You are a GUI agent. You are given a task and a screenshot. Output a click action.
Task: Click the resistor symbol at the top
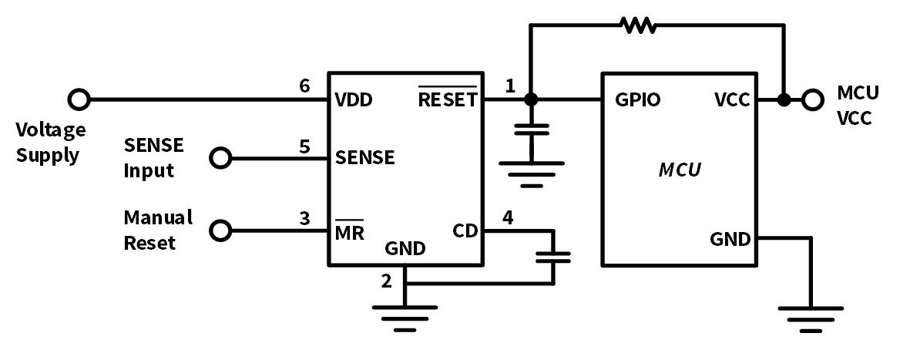coord(639,25)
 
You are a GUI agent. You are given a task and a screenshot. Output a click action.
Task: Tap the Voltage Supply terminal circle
coord(79,99)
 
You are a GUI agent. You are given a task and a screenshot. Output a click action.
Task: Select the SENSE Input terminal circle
coord(221,158)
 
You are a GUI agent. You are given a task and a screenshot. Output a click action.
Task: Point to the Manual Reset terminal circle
coord(221,230)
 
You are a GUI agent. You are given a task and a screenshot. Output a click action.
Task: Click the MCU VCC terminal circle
coord(811,99)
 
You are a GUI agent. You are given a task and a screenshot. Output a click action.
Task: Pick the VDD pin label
coord(354,101)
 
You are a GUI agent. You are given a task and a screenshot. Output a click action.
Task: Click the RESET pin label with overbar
coord(447,99)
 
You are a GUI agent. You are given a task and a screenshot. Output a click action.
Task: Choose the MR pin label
coord(350,231)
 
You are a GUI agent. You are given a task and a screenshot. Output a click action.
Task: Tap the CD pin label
coord(465,231)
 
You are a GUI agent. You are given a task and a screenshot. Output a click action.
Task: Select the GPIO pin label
coord(637,100)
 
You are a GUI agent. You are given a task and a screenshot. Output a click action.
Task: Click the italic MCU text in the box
coord(679,170)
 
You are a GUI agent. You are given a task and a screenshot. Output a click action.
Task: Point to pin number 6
coord(305,86)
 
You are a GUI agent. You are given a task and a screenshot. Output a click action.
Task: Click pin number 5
coord(305,145)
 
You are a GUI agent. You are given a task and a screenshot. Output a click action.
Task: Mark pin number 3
coord(305,218)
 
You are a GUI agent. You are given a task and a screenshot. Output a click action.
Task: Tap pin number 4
coord(508,218)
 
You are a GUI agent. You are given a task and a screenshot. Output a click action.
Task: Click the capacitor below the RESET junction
coord(530,130)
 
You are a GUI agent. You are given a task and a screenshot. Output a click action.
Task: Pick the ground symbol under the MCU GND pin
coord(811,317)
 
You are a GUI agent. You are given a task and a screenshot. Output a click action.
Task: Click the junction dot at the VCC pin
coord(784,99)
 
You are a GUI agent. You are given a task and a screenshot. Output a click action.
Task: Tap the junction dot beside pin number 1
coord(530,99)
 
